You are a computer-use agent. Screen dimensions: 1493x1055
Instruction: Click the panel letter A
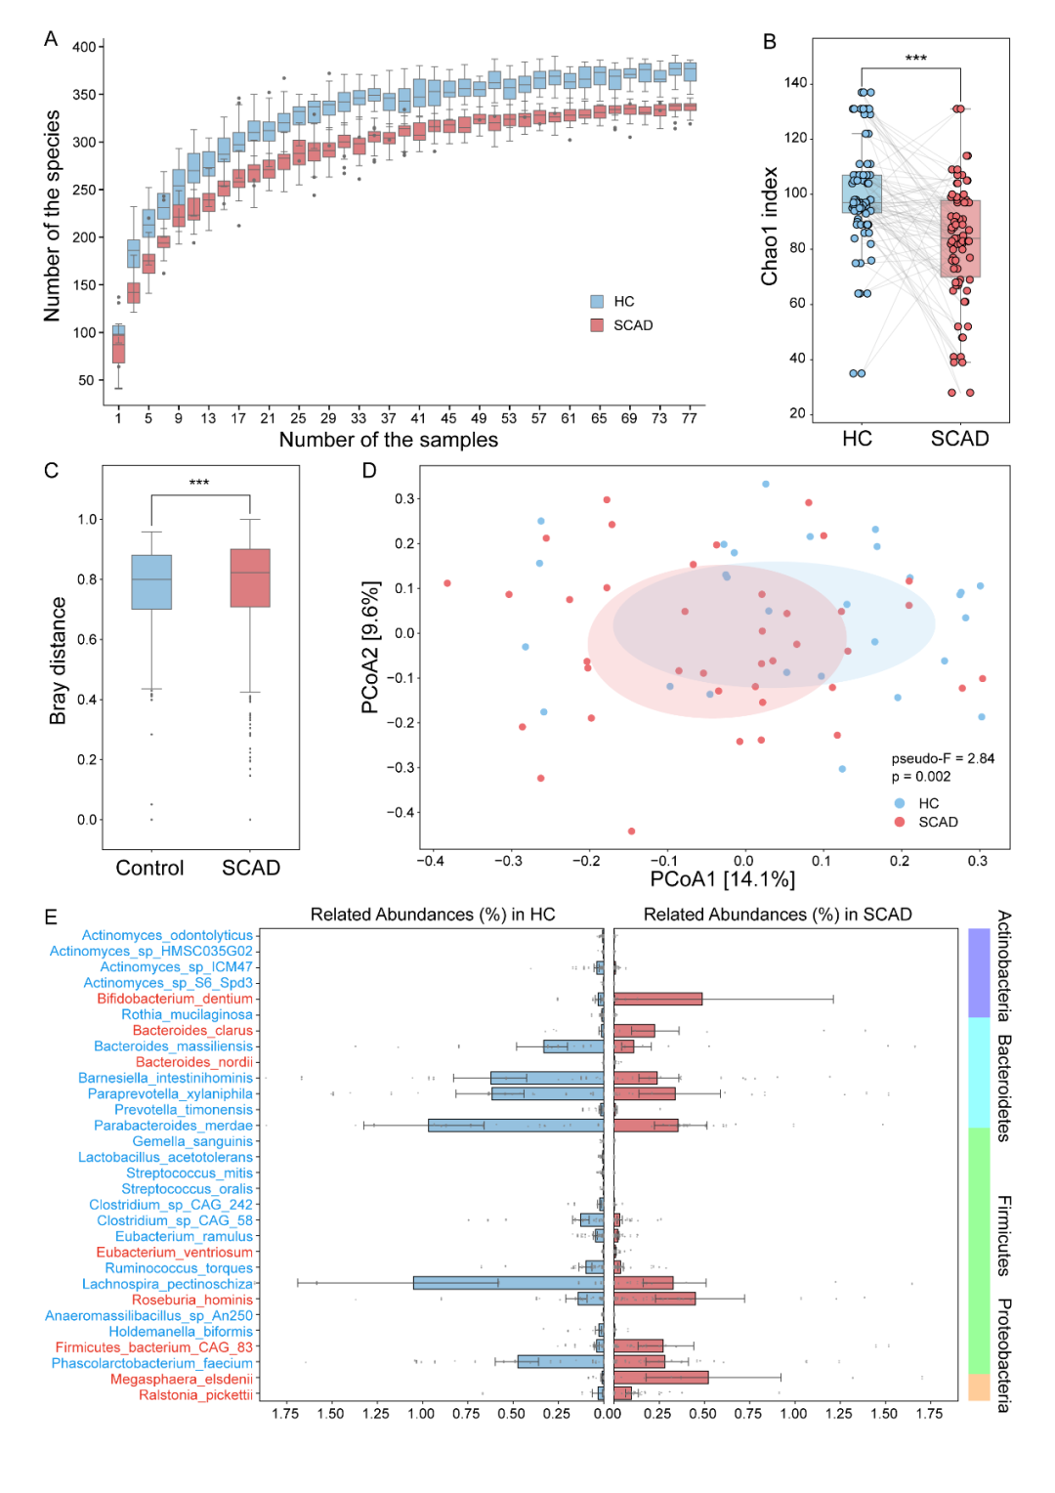point(51,39)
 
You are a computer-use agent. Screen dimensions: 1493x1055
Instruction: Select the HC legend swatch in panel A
point(597,302)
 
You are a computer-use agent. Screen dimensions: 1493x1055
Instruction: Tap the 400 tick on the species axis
point(84,47)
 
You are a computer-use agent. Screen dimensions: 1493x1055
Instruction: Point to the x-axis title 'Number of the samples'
point(388,441)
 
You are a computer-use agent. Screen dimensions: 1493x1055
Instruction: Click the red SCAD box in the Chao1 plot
point(960,238)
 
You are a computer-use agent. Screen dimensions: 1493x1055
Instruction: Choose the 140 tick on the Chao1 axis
point(795,83)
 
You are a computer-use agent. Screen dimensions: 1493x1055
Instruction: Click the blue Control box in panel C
point(151,582)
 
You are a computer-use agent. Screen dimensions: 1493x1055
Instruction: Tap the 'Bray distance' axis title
point(59,661)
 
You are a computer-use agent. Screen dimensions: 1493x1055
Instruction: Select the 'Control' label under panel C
point(149,869)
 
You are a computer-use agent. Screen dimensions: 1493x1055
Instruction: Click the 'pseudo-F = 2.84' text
point(943,758)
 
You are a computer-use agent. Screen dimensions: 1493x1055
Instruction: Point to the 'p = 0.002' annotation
point(920,777)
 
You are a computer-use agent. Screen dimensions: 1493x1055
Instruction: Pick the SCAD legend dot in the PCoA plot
point(900,822)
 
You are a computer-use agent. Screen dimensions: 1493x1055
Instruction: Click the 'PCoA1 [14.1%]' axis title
point(722,879)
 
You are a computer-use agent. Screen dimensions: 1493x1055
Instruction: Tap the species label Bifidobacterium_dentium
point(175,999)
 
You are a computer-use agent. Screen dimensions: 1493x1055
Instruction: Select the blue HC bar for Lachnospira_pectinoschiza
point(508,1283)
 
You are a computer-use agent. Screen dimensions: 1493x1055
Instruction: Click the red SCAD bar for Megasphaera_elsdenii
point(660,1378)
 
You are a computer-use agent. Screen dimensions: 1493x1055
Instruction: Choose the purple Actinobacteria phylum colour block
point(979,973)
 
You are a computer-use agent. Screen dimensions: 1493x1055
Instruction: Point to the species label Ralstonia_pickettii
point(195,1394)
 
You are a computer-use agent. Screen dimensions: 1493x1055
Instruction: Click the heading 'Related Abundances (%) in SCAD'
point(778,915)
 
